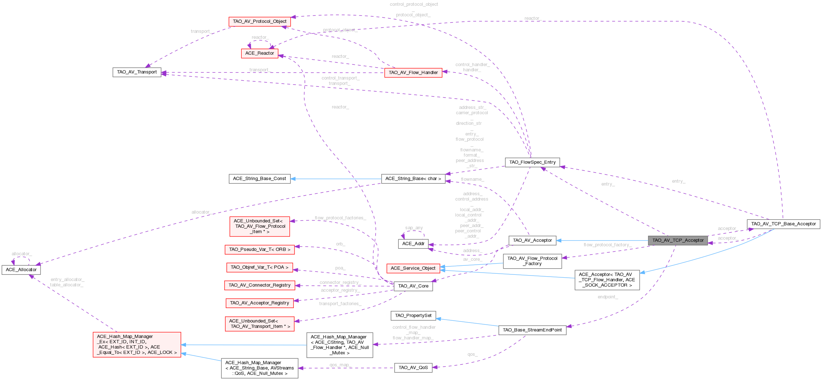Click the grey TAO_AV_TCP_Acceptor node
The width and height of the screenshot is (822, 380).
pyautogui.click(x=678, y=240)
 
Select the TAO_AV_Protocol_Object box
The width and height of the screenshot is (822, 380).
pyautogui.click(x=259, y=21)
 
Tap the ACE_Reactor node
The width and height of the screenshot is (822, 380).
pyautogui.click(x=259, y=53)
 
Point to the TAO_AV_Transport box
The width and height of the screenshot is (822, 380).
pyautogui.click(x=137, y=72)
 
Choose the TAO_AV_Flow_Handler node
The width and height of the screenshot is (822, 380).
pyautogui.click(x=413, y=73)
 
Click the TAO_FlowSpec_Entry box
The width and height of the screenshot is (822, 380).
pyautogui.click(x=532, y=162)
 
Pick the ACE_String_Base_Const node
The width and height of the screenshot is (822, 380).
pyautogui.click(x=259, y=179)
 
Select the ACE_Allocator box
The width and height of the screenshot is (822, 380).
pyautogui.click(x=21, y=270)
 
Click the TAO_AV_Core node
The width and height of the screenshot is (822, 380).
pyautogui.click(x=413, y=286)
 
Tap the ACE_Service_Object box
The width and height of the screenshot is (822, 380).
pyautogui.click(x=413, y=268)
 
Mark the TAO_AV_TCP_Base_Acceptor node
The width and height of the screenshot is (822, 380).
pyautogui.click(x=783, y=224)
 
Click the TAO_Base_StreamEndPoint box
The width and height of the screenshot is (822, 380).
pyautogui.click(x=532, y=330)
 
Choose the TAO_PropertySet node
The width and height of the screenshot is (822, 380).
pyautogui.click(x=413, y=316)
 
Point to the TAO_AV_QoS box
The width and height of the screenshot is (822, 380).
pyautogui.click(x=413, y=368)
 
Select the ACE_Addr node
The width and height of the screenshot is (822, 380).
pyautogui.click(x=413, y=244)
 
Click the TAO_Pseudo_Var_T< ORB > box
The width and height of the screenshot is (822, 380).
pyautogui.click(x=259, y=249)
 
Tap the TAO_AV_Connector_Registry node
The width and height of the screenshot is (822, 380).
pyautogui.click(x=259, y=285)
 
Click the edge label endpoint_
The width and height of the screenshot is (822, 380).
pyautogui.click(x=608, y=297)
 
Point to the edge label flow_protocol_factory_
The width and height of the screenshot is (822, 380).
pyautogui.click(x=607, y=245)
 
